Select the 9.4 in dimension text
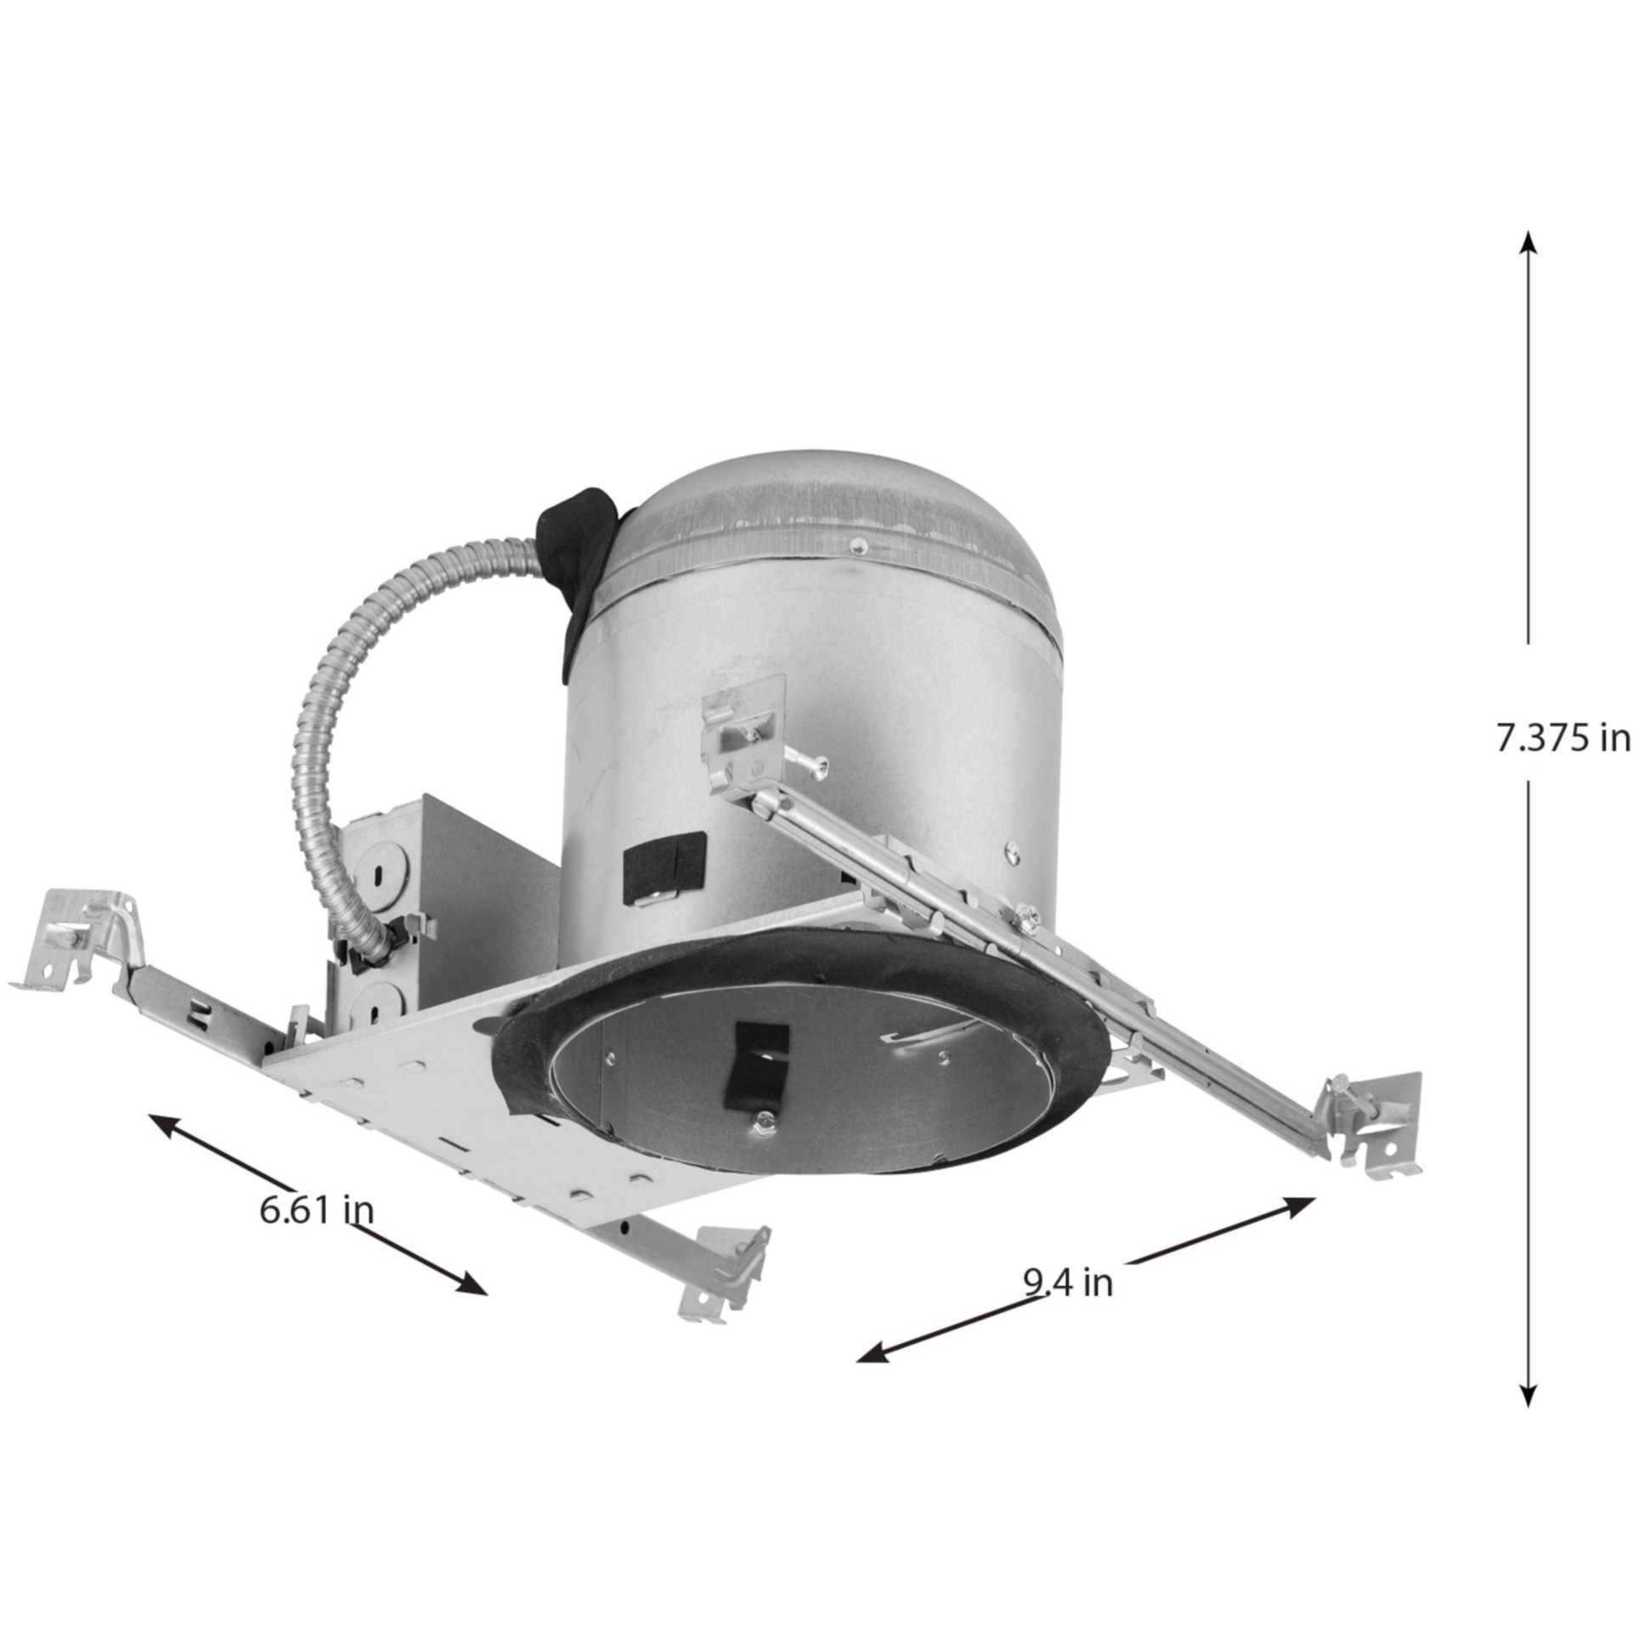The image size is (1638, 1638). point(1067,1305)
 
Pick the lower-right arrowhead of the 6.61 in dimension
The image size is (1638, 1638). point(472,1309)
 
